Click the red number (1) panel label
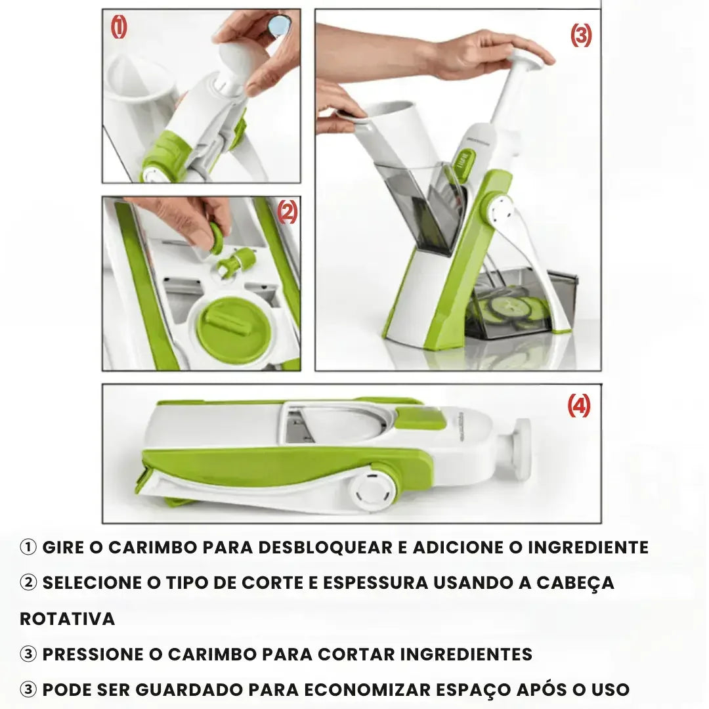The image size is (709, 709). (x=119, y=28)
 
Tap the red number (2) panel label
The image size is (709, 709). (x=287, y=211)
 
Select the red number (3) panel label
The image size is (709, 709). (x=580, y=35)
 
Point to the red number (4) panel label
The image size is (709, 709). (x=578, y=406)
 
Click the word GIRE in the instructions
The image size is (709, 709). (x=63, y=548)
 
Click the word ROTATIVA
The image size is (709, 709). (x=67, y=618)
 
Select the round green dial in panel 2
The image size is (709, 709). (x=231, y=329)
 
